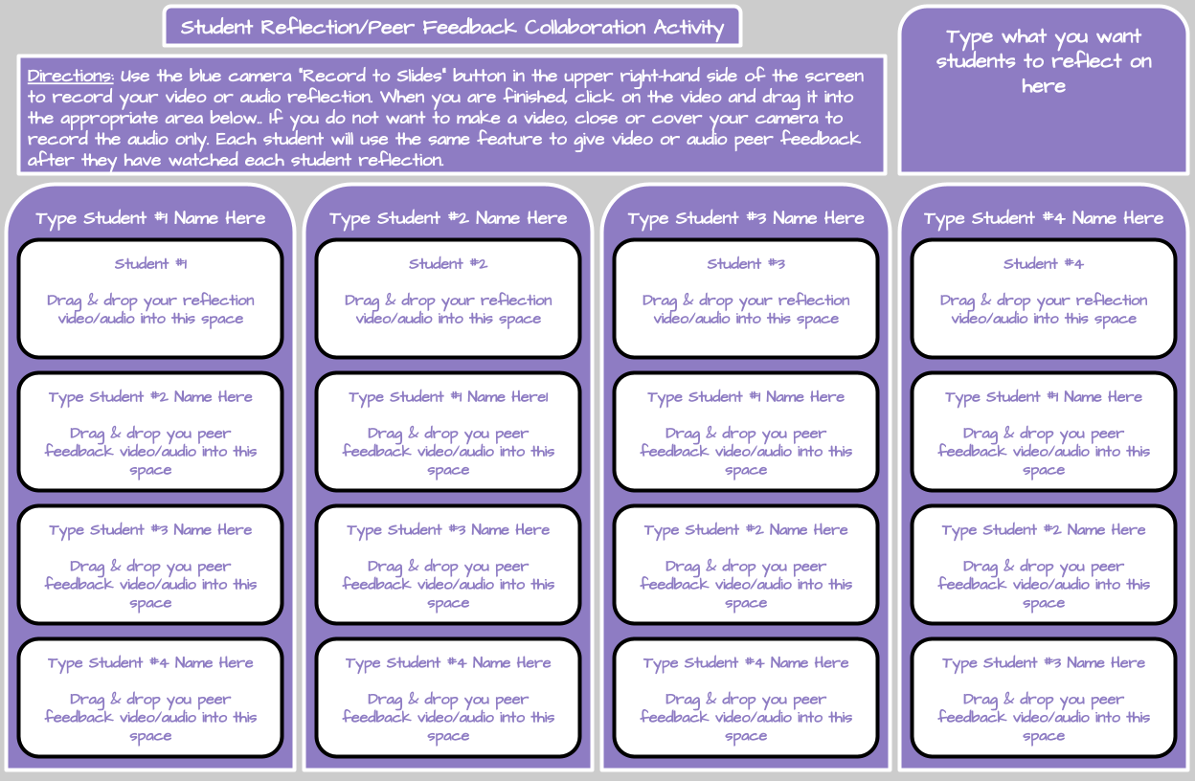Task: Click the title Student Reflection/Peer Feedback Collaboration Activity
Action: (x=452, y=27)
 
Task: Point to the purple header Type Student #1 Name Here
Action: (x=150, y=218)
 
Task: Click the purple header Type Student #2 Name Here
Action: (x=448, y=218)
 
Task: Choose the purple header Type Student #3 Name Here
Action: (x=746, y=218)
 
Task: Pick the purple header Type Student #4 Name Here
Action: (x=1044, y=218)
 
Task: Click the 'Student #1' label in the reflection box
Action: (x=150, y=264)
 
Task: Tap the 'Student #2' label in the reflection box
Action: (x=448, y=264)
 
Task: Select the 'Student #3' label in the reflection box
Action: (x=746, y=264)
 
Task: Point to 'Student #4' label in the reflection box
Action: (x=1044, y=264)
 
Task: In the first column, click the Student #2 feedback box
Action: (x=150, y=433)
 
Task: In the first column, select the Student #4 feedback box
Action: (x=150, y=699)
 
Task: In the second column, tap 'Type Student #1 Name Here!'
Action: (x=448, y=397)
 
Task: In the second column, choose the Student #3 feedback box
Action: (x=448, y=566)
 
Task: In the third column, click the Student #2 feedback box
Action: (x=746, y=566)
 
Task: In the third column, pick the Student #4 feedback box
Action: (x=746, y=699)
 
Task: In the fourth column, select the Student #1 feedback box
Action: (x=1044, y=433)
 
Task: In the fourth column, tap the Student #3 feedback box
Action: (x=1044, y=699)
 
